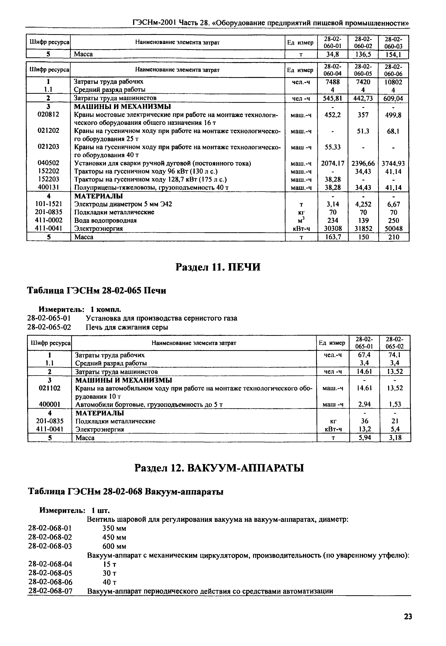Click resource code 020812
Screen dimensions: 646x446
click(x=48, y=115)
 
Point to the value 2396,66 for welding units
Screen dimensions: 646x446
click(x=363, y=163)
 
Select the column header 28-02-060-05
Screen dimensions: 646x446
click(x=363, y=70)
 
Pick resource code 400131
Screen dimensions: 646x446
click(x=48, y=187)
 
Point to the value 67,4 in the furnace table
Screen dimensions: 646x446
click(x=364, y=355)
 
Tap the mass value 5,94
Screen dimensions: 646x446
click(x=364, y=438)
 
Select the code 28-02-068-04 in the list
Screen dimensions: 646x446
click(x=50, y=564)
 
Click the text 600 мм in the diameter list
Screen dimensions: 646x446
click(x=114, y=546)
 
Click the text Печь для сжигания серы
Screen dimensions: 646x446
click(x=127, y=327)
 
